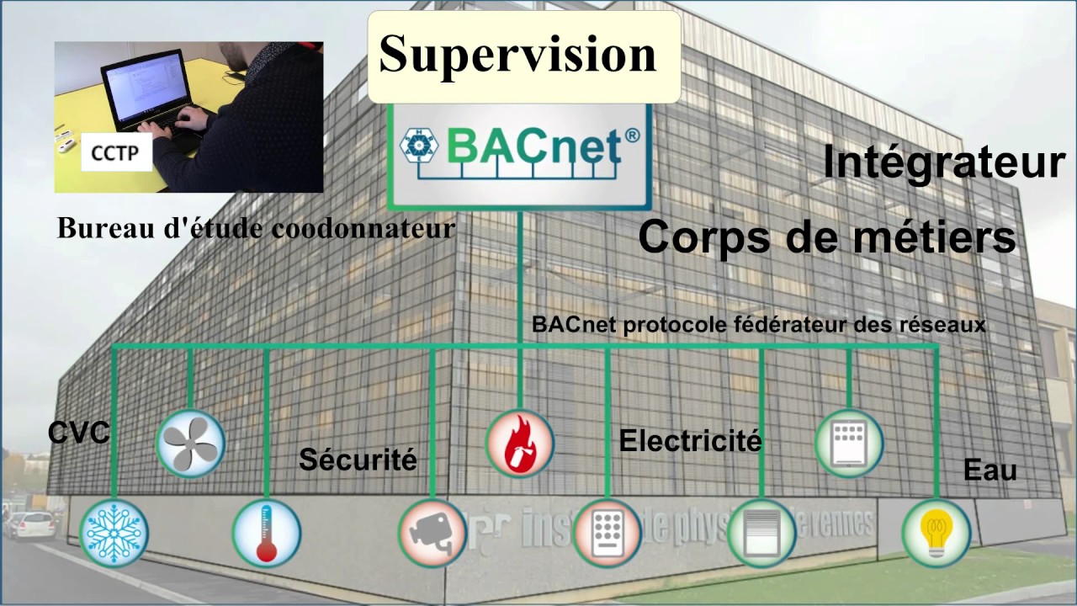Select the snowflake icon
point(114,533)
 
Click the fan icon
point(191,443)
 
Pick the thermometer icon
point(267,533)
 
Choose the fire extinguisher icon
point(520,444)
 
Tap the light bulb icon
point(936,532)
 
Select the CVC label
point(78,433)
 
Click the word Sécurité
point(358,460)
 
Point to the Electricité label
point(690,440)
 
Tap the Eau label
point(989,470)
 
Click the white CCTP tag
point(117,155)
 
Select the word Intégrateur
point(944,162)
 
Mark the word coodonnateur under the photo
point(373,228)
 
